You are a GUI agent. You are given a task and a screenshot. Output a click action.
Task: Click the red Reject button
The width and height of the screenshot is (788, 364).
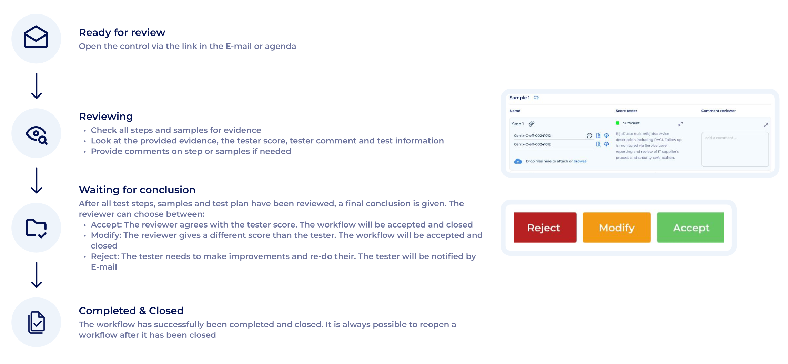[545, 228]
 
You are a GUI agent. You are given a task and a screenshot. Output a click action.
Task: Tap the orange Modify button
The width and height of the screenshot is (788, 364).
[616, 228]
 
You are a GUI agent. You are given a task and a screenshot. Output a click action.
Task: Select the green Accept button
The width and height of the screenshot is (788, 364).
[690, 228]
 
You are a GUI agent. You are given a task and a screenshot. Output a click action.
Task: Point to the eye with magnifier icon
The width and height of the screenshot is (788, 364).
[36, 134]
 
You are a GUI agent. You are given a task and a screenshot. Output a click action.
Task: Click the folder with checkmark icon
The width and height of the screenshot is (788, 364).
[36, 228]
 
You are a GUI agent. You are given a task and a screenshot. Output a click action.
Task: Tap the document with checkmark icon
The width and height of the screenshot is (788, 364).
[37, 322]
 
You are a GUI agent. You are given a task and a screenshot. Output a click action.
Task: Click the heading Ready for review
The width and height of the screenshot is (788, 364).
[122, 32]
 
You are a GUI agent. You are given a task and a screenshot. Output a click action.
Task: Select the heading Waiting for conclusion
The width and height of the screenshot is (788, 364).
[137, 190]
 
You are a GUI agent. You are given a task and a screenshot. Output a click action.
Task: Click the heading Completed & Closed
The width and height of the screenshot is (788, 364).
[131, 311]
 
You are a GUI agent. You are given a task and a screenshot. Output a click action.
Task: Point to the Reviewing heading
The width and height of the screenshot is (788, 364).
[106, 117]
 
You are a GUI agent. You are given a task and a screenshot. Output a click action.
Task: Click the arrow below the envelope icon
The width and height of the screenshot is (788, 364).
[37, 86]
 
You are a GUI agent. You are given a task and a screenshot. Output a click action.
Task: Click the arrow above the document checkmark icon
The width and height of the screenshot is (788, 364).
[37, 275]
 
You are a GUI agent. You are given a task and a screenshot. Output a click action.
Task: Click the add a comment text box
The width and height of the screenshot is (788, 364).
[735, 150]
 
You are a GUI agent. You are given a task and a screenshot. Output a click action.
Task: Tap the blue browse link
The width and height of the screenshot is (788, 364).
[580, 161]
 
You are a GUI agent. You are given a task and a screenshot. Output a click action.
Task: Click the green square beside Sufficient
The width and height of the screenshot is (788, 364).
[618, 123]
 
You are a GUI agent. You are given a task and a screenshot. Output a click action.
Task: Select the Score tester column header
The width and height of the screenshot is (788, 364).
[626, 111]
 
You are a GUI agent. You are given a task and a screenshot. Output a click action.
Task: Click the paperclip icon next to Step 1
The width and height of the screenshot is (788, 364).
[532, 124]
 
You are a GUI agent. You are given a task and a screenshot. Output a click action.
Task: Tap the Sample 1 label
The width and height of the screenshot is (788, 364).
[519, 98]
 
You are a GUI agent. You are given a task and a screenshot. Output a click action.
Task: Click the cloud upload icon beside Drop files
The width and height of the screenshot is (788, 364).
[518, 161]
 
